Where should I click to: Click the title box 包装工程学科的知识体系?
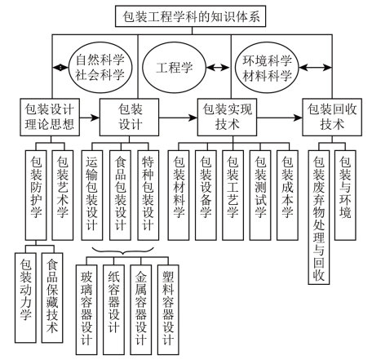tap(190, 16)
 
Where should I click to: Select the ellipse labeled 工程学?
tap(175, 67)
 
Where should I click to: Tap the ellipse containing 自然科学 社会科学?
tap(100, 67)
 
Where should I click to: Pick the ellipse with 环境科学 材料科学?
tap(267, 67)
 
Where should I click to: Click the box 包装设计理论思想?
tap(50, 118)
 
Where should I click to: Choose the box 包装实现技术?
tap(227, 118)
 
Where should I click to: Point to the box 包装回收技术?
tap(332, 118)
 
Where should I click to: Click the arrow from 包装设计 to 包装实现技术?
tap(178, 118)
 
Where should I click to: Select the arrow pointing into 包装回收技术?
tap(280, 118)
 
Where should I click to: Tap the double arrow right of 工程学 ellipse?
tap(219, 67)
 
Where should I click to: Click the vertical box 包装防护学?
tap(36, 195)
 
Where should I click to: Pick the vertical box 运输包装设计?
tap(92, 195)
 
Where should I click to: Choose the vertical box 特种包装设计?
tap(148, 195)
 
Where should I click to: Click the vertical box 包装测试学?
tap(260, 195)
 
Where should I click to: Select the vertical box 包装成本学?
tap(287, 195)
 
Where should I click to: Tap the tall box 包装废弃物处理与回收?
tap(319, 217)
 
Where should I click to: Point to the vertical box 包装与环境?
tap(345, 195)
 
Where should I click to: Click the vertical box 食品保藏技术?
tap(52, 298)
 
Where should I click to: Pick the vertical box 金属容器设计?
tap(141, 309)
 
